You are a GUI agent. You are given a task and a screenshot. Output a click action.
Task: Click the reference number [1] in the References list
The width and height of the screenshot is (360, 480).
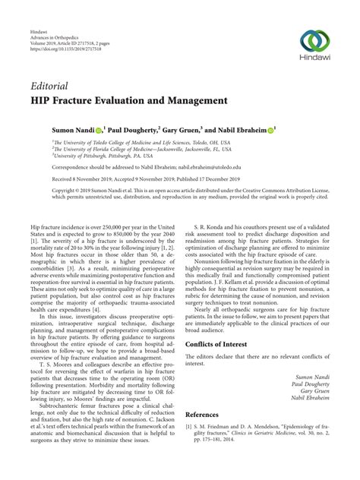[189, 429]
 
